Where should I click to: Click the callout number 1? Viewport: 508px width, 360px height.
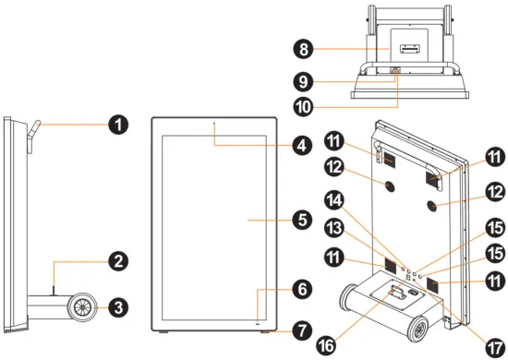tap(118, 125)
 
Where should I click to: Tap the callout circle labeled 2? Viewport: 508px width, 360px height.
tap(118, 261)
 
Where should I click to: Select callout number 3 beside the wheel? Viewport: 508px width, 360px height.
tap(118, 306)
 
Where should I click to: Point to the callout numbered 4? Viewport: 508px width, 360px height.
tap(302, 145)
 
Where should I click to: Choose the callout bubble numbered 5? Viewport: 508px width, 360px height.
tap(302, 220)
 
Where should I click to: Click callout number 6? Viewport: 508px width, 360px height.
tap(302, 289)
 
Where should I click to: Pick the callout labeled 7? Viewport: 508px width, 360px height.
tap(302, 331)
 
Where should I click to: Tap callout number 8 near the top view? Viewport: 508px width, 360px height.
tap(304, 49)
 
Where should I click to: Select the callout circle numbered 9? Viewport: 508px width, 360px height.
tap(304, 81)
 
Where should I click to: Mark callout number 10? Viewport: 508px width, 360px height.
tap(304, 107)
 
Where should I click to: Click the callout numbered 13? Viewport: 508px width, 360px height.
tap(334, 228)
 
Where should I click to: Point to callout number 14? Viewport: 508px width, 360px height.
tap(334, 200)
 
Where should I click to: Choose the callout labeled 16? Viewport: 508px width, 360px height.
tap(327, 345)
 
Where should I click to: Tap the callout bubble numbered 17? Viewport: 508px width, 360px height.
tap(495, 348)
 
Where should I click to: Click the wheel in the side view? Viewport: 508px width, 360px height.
tap(81, 306)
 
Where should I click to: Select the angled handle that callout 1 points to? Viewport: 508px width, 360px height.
tap(33, 137)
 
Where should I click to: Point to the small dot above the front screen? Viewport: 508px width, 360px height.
tap(214, 124)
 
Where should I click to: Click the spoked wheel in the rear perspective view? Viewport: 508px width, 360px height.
tap(420, 329)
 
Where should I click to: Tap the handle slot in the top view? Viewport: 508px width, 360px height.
tap(409, 48)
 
